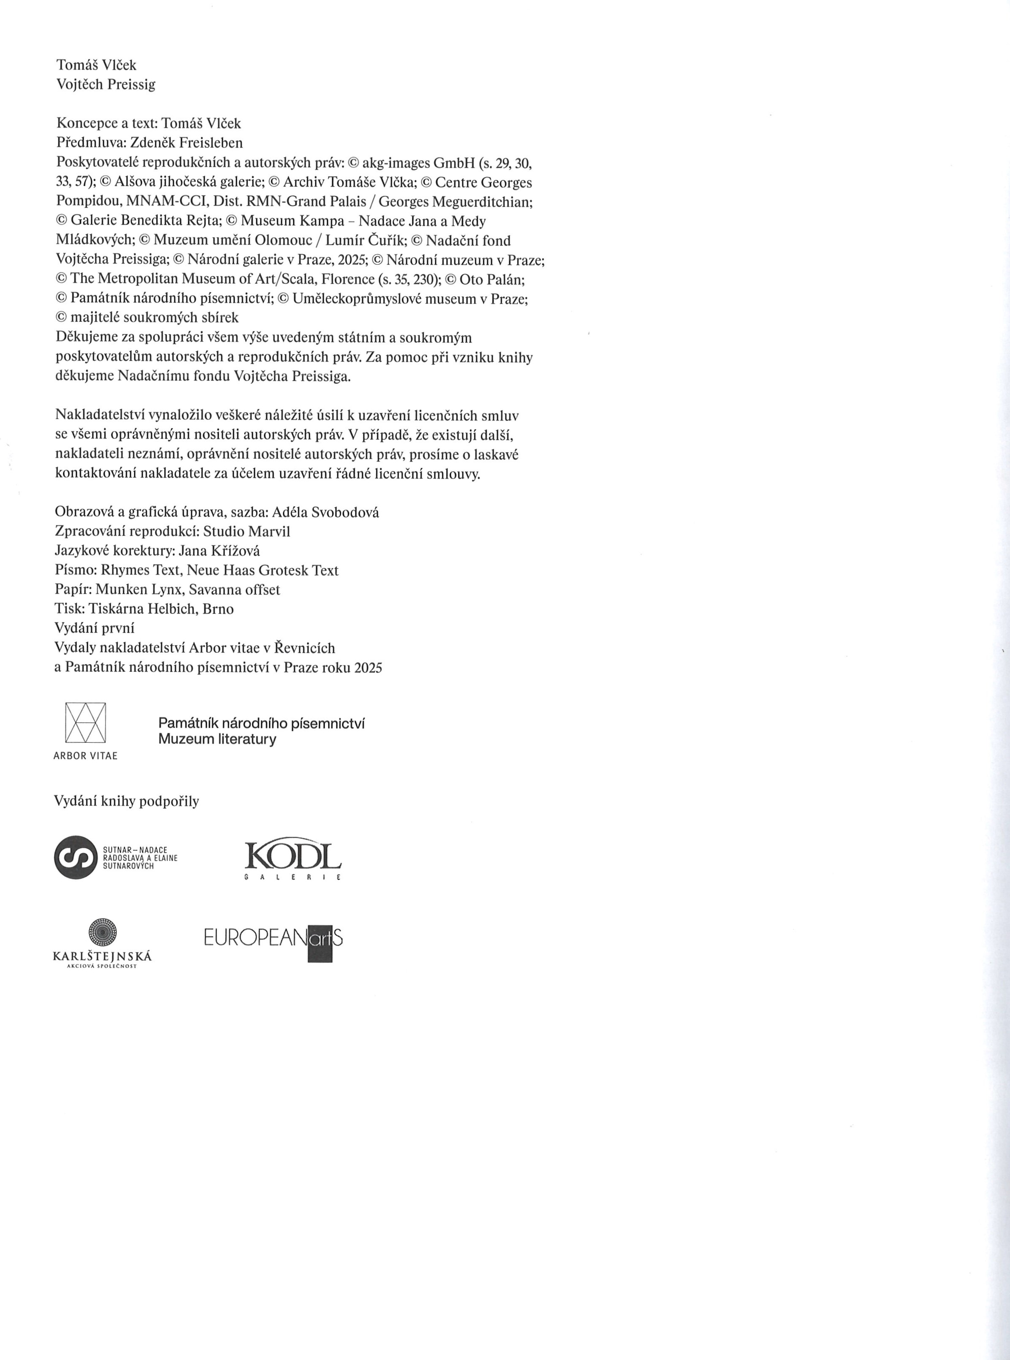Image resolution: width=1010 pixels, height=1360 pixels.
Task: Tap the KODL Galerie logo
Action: [293, 858]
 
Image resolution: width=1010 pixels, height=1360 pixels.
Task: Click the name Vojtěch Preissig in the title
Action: [106, 84]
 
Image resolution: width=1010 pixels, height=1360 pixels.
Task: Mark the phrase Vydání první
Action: [95, 628]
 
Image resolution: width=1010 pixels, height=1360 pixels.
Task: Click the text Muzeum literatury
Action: [217, 739]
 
